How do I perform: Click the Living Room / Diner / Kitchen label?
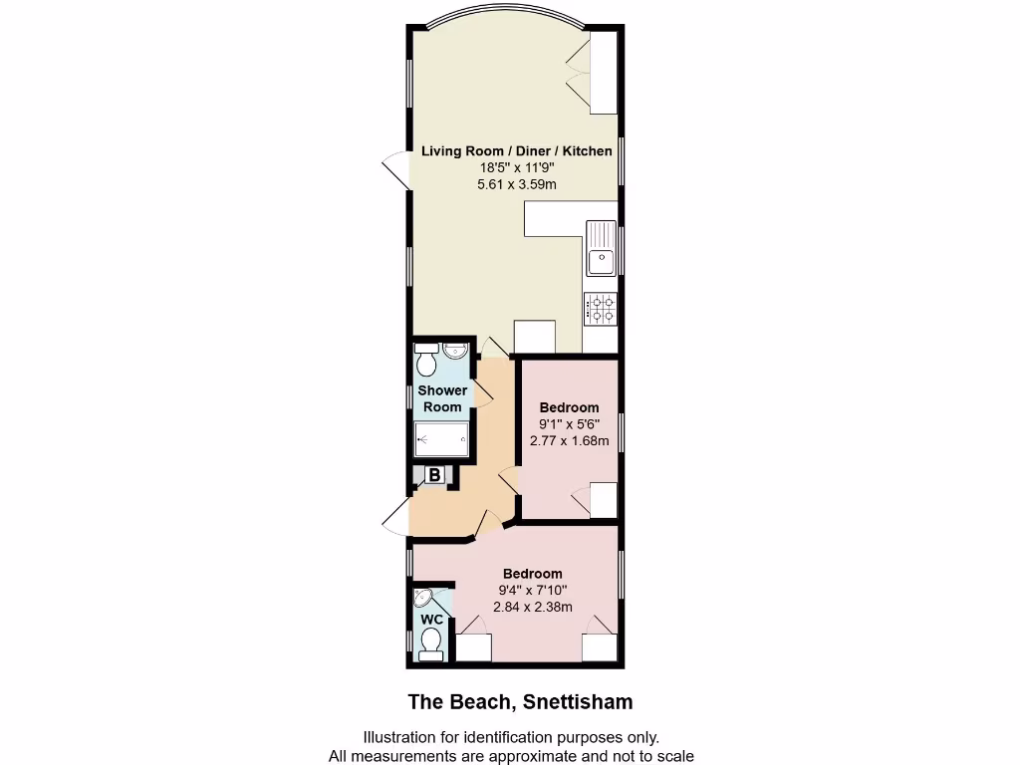point(516,151)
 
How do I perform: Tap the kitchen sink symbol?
point(602,249)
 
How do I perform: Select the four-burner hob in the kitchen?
point(602,308)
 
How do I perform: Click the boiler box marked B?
point(435,476)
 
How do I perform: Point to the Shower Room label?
point(442,398)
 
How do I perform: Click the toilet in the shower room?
point(426,356)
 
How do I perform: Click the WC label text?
point(431,620)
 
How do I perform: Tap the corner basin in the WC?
point(424,599)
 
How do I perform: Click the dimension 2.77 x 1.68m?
point(569,440)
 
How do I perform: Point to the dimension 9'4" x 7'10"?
point(532,591)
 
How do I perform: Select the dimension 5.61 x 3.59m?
point(516,184)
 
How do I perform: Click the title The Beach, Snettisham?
point(520,702)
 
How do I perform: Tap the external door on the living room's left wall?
point(396,169)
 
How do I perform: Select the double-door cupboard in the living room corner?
point(602,72)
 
